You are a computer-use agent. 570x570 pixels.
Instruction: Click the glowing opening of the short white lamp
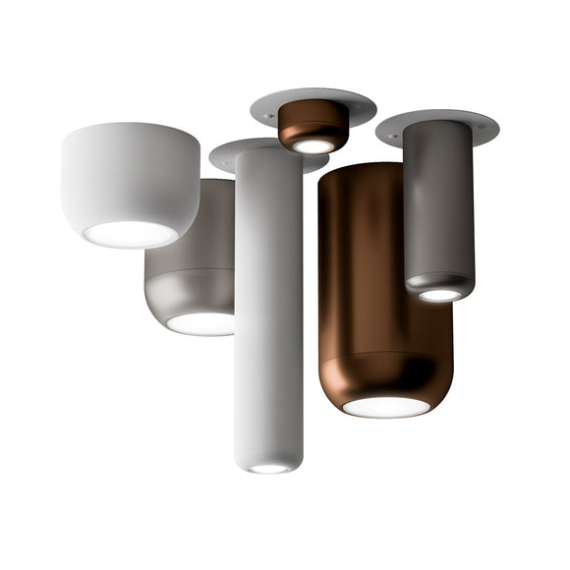click(x=130, y=234)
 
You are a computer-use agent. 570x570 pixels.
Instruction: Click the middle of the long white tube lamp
click(x=268, y=305)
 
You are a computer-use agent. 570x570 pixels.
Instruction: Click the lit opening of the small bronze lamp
click(x=313, y=145)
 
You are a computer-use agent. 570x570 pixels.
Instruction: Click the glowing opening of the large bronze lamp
click(x=385, y=406)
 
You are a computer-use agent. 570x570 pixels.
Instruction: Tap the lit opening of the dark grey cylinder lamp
click(x=439, y=294)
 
